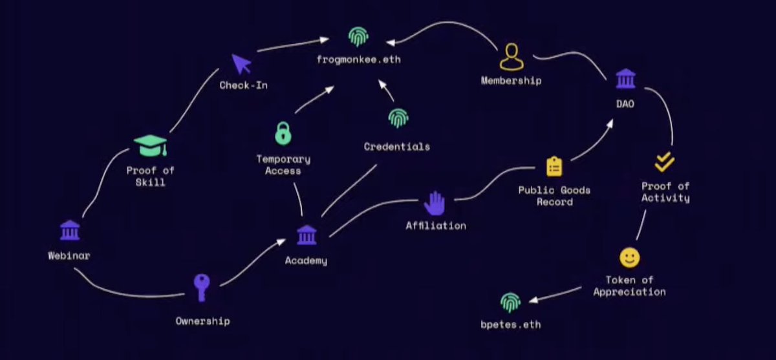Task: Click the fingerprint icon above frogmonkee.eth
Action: click(356, 37)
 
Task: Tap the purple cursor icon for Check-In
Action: click(241, 63)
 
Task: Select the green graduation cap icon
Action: click(151, 145)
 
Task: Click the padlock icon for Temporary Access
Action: click(283, 133)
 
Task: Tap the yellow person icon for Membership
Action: click(511, 57)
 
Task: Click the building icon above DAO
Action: click(625, 79)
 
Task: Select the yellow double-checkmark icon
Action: click(665, 162)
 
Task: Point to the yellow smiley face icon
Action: click(629, 258)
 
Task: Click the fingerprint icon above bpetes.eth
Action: click(510, 302)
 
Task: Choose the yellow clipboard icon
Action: click(554, 166)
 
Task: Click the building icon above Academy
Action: click(306, 235)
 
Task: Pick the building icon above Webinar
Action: click(69, 230)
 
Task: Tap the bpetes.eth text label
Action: click(511, 324)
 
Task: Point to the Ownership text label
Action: click(202, 321)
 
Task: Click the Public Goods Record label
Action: click(554, 196)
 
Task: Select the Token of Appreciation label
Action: click(629, 286)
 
